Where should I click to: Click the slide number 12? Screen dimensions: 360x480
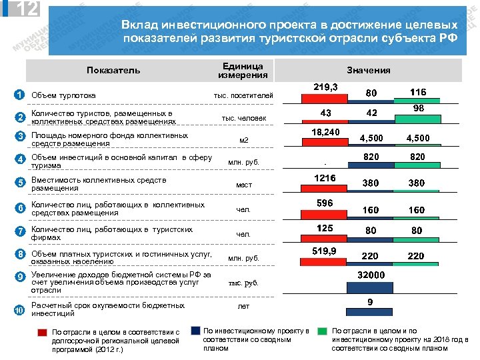26,9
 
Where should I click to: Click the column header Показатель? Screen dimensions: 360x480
113,70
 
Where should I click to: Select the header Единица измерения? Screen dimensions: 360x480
243,70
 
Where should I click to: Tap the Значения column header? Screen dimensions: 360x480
369,70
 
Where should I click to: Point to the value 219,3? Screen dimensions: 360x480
325,87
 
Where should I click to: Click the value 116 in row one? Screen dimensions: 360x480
419,92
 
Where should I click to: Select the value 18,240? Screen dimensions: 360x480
326,132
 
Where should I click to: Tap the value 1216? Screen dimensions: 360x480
326,178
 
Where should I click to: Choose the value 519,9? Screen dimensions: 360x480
326,251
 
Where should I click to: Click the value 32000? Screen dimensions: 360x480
372,274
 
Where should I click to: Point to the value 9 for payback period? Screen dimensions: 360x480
371,302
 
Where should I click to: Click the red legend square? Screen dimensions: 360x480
42,331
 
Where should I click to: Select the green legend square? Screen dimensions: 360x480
323,331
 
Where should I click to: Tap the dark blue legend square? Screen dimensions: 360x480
195,331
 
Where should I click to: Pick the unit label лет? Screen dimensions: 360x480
243,307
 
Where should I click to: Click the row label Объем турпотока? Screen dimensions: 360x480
64,95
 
